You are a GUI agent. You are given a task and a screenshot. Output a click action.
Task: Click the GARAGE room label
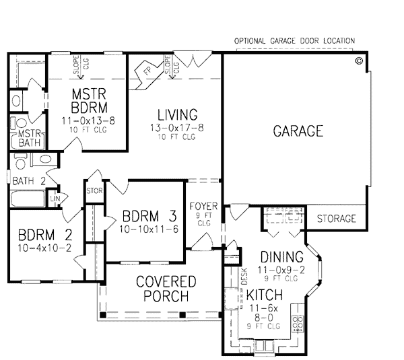pyautogui.click(x=298, y=131)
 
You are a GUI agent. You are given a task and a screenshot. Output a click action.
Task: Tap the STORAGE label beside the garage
pyautogui.click(x=336, y=219)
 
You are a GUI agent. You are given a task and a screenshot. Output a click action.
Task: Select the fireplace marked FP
pyautogui.click(x=148, y=71)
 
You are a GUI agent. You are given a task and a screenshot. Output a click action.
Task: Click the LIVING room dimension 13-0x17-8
pyautogui.click(x=177, y=128)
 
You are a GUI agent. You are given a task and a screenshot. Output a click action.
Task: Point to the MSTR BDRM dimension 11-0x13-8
pyautogui.click(x=88, y=120)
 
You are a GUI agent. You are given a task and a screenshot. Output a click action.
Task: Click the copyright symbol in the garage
pyautogui.click(x=359, y=61)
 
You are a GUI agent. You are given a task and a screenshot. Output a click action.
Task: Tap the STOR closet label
pyautogui.click(x=94, y=191)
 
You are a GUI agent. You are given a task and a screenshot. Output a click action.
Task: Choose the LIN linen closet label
pyautogui.click(x=55, y=199)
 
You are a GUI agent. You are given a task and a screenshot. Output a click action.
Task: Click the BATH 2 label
pyautogui.click(x=29, y=181)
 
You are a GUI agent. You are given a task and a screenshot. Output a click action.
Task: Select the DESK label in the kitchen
pyautogui.click(x=244, y=277)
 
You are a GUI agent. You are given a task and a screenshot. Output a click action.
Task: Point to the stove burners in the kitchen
pyautogui.click(x=298, y=323)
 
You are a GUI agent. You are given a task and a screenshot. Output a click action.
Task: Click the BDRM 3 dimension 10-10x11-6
pyautogui.click(x=149, y=229)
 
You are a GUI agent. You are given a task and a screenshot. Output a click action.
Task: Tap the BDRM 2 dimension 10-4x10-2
pyautogui.click(x=44, y=248)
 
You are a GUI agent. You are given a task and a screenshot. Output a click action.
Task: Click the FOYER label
pyautogui.click(x=203, y=207)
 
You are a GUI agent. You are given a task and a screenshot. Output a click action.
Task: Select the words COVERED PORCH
pyautogui.click(x=166, y=289)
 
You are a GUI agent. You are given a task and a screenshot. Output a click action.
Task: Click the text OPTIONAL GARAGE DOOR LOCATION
pyautogui.click(x=294, y=41)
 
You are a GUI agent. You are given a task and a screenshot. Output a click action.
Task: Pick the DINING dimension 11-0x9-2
pyautogui.click(x=281, y=270)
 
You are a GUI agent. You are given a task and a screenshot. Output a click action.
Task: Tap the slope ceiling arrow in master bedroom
pyautogui.click(x=81, y=67)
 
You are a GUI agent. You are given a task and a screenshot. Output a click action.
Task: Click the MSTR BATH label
pyautogui.click(x=30, y=139)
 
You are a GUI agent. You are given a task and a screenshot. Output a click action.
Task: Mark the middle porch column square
pyautogui.click(x=182, y=315)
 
